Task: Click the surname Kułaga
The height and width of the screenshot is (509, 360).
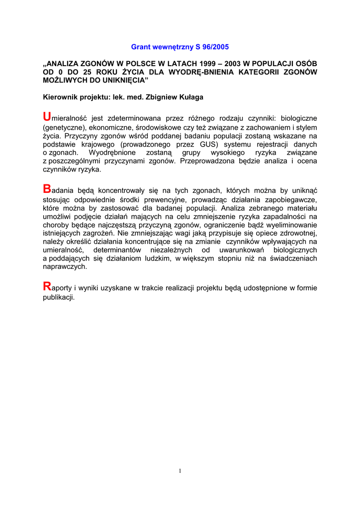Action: point(189,97)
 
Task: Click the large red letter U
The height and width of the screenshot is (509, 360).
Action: point(47,117)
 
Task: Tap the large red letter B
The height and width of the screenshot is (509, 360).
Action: point(47,189)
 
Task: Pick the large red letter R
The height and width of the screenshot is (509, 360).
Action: point(47,286)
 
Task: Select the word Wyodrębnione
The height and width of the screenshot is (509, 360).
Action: point(111,153)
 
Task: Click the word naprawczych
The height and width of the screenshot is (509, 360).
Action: point(65,266)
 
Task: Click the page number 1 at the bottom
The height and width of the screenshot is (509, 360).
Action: point(180,471)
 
